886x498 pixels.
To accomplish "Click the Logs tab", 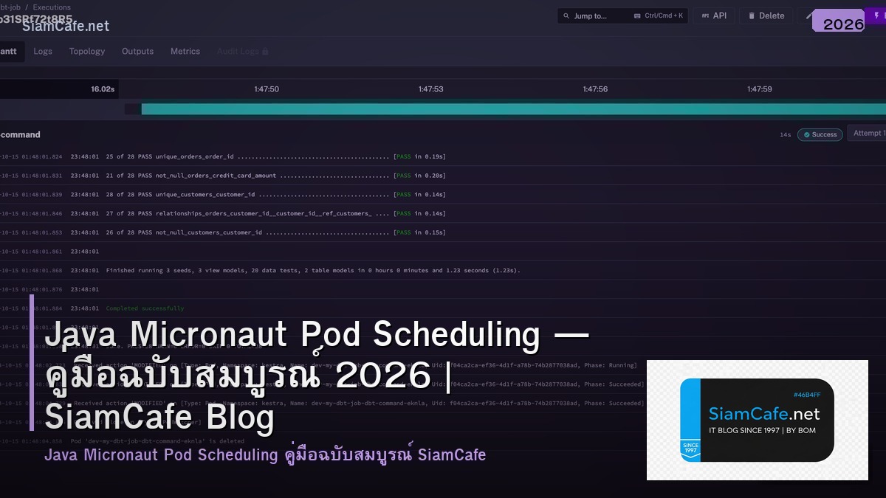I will coord(43,52).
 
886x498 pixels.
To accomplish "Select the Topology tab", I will coord(87,52).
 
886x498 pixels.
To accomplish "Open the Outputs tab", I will coord(137,52).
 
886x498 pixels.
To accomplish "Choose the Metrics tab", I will coord(185,52).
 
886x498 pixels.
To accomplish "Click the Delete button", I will coord(766,15).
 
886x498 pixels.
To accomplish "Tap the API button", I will coord(714,15).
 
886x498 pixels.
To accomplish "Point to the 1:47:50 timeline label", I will coord(267,89).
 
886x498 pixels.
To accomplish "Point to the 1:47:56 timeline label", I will coord(595,89).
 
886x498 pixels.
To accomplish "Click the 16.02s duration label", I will coord(103,89).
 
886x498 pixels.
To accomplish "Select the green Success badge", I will coord(820,135).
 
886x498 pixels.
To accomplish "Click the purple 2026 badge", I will coord(843,24).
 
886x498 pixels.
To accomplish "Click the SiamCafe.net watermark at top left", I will coord(66,27).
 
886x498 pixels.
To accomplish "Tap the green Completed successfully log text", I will coord(145,308).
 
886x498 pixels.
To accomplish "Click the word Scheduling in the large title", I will coord(456,335).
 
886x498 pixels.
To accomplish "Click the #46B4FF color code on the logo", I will coord(807,395).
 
